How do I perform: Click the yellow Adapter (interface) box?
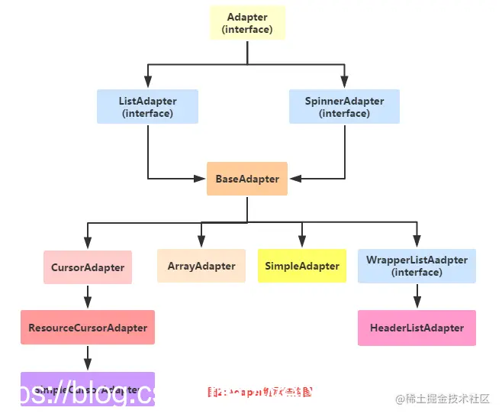(x=247, y=23)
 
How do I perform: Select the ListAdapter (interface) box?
(x=147, y=107)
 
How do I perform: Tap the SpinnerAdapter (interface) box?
(x=344, y=107)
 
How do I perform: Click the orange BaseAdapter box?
(x=247, y=179)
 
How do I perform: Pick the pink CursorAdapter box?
(x=88, y=267)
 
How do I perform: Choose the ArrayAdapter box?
(x=201, y=266)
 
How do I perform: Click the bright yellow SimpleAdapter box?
(x=302, y=266)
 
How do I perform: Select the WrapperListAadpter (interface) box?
(x=417, y=266)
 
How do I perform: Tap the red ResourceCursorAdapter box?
(x=88, y=328)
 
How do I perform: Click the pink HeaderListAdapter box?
(x=417, y=328)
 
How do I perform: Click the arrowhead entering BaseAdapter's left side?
(x=201, y=179)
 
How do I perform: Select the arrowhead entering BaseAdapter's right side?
(x=294, y=179)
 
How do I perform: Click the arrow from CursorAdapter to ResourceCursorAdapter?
(x=88, y=296)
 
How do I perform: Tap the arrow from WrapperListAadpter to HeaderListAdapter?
(x=417, y=296)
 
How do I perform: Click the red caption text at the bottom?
(x=260, y=392)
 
